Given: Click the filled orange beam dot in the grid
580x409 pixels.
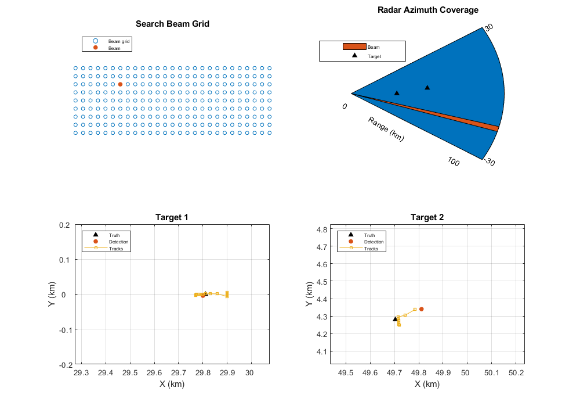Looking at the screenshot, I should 120,84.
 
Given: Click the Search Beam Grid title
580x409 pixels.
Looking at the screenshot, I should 172,24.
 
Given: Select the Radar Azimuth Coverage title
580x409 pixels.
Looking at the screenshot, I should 428,10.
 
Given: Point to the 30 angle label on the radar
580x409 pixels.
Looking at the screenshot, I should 489,27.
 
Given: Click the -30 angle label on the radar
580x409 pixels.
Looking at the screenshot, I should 489,163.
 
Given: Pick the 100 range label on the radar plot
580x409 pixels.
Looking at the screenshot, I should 454,162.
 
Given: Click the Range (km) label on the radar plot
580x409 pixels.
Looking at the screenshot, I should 386,129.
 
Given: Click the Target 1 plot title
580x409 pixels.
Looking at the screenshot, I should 172,217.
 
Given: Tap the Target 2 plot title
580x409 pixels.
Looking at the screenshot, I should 427,217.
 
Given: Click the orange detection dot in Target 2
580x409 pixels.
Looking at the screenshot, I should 422,309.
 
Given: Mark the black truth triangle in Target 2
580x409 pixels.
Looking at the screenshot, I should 395,319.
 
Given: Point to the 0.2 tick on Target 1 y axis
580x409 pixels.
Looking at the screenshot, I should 64,225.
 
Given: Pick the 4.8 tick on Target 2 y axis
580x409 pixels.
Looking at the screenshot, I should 320,229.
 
